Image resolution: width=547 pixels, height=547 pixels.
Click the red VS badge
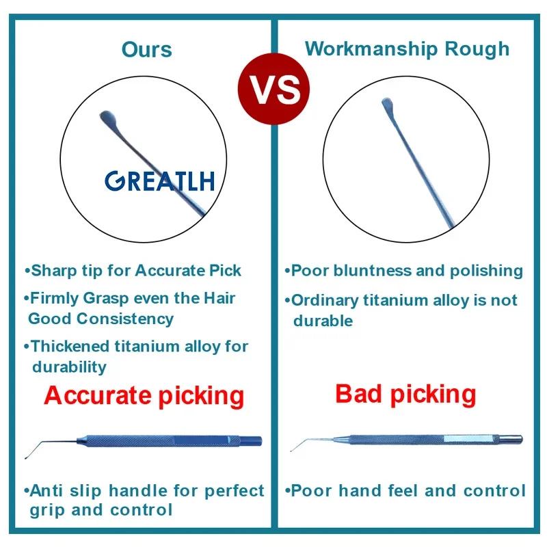(x=273, y=89)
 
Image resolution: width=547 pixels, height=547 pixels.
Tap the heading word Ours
(x=146, y=49)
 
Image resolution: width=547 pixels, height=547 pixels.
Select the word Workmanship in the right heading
(x=371, y=49)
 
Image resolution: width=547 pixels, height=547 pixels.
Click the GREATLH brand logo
(x=160, y=181)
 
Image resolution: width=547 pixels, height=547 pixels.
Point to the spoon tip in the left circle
(x=108, y=116)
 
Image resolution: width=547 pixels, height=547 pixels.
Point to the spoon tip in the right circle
(x=387, y=103)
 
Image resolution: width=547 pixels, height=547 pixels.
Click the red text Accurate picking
(x=144, y=396)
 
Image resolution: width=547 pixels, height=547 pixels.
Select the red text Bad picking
(x=405, y=395)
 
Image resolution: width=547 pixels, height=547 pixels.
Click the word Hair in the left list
(x=219, y=298)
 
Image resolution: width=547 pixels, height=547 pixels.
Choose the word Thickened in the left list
(x=70, y=347)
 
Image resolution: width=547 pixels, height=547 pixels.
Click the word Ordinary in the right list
(x=324, y=300)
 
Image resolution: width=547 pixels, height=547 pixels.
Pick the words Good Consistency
(x=101, y=319)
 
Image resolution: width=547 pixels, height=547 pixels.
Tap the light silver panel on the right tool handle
(x=468, y=438)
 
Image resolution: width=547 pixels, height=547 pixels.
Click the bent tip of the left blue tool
(x=27, y=457)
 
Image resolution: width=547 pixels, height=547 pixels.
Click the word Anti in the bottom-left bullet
(x=46, y=490)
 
